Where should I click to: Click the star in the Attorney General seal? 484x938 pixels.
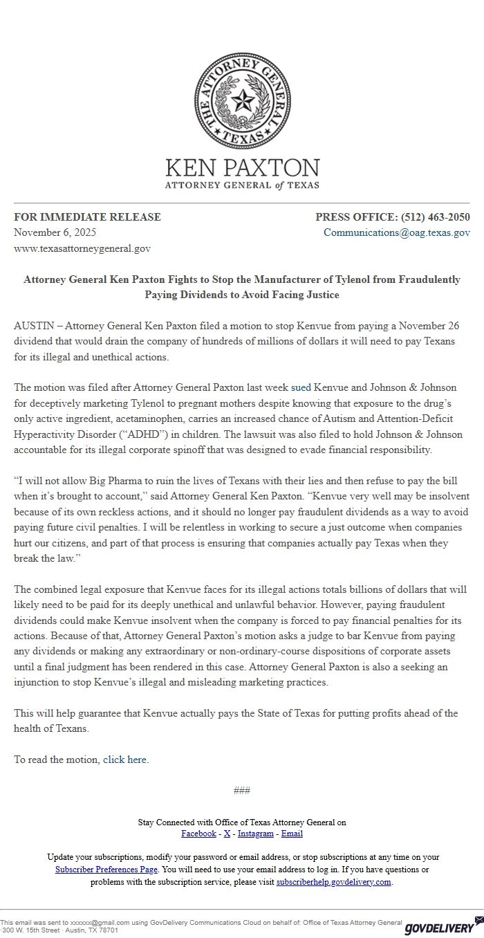242,102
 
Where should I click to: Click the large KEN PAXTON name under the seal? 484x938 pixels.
242,168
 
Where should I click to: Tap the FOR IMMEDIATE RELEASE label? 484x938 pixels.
87,217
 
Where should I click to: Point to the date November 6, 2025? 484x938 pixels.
55,232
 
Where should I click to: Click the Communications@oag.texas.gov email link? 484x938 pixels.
397,232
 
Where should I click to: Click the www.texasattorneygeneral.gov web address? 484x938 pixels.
82,248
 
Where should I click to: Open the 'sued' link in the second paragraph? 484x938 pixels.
301,387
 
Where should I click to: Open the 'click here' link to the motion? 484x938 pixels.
124,760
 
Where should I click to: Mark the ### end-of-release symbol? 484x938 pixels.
242,791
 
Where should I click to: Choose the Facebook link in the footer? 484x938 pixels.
198,834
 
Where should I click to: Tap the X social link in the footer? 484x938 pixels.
227,834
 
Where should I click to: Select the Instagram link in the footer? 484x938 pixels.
256,834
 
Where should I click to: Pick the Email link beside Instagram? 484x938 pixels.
292,834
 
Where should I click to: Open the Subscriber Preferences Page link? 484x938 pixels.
106,870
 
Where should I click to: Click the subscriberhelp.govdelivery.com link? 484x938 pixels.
334,882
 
